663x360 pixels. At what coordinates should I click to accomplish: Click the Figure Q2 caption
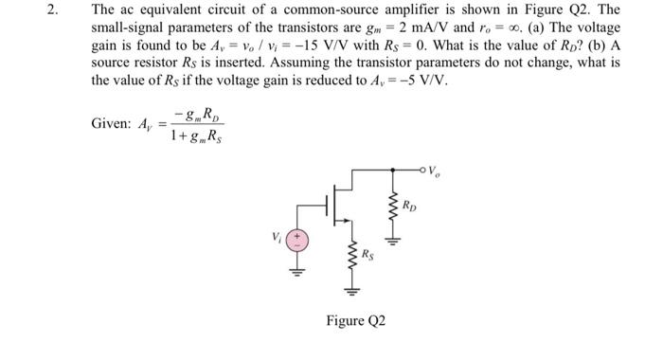click(355, 320)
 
